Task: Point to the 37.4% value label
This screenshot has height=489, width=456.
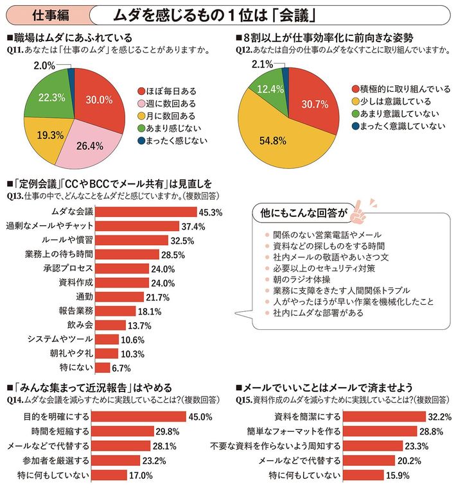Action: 193,226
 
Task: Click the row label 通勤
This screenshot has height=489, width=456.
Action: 84,296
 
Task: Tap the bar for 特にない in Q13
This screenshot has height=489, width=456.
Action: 102,368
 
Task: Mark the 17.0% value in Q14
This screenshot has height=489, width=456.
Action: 141,476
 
